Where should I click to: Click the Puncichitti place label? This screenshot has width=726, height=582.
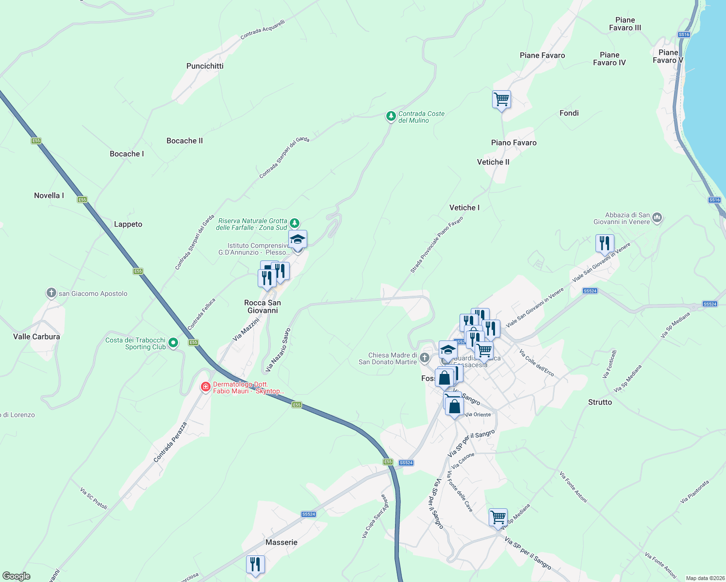205,66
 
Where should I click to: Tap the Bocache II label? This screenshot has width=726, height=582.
184,141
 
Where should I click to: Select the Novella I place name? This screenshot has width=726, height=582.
49,195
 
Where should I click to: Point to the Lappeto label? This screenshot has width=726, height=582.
128,224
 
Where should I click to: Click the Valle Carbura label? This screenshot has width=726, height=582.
36,337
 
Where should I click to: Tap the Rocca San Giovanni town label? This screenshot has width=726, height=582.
263,307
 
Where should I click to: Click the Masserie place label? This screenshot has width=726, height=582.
281,542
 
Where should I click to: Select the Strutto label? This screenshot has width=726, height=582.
600,402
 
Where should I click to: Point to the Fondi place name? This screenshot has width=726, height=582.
569,113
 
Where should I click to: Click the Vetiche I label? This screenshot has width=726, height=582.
464,208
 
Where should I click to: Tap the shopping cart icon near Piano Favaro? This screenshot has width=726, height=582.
501,99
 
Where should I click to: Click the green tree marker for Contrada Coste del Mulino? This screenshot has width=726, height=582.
391,116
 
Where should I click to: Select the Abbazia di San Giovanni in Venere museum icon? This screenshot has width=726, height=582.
657,217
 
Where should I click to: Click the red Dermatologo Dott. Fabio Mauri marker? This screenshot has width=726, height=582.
206,387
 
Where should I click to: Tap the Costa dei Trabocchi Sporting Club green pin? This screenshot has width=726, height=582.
173,343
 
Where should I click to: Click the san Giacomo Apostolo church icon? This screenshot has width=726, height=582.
51,293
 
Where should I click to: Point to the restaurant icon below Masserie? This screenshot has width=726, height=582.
255,565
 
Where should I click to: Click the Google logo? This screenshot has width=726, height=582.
16,576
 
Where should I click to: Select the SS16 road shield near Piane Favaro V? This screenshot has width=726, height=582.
684,34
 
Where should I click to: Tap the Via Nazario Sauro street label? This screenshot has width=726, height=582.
278,350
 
